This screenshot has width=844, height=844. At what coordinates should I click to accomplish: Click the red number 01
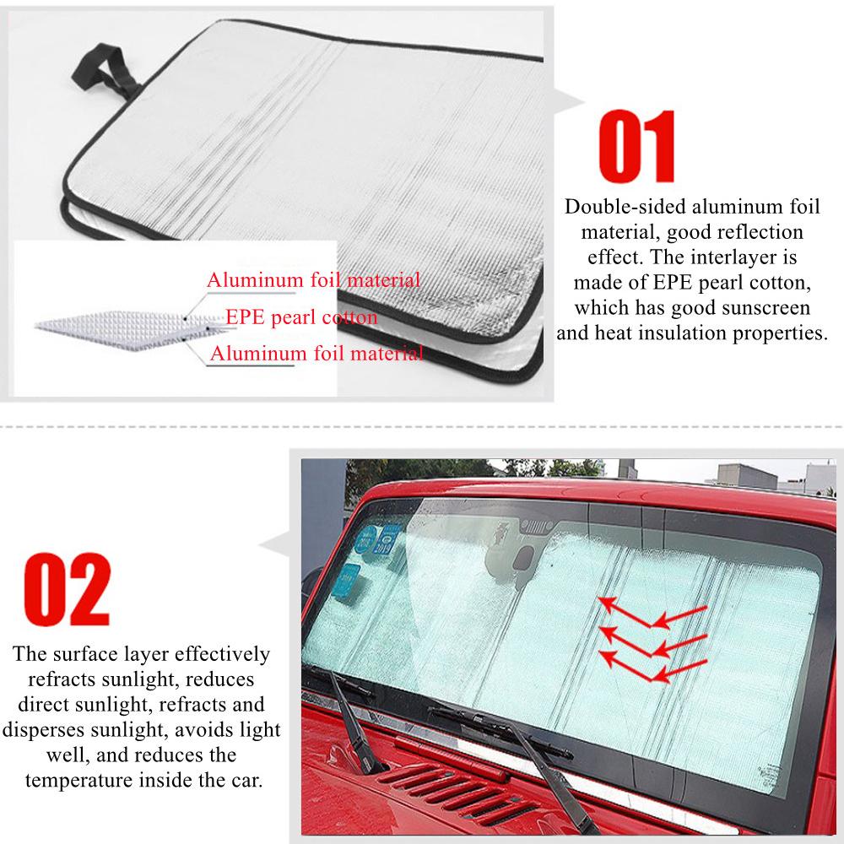coord(638,151)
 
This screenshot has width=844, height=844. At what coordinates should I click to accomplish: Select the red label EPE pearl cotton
coord(301,317)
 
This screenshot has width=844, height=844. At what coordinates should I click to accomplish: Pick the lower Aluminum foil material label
coord(316,354)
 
